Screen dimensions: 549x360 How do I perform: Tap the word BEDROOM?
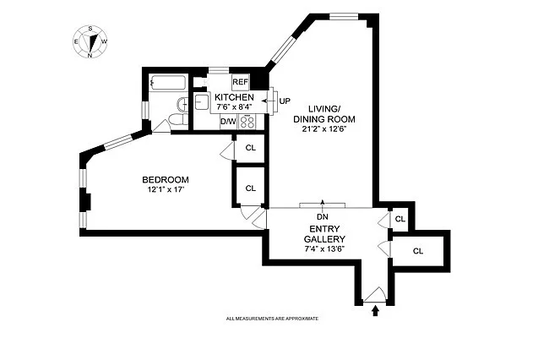click(165, 179)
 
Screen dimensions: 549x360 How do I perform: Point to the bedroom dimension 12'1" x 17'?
click(165, 189)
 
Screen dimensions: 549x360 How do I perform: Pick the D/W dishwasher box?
click(228, 122)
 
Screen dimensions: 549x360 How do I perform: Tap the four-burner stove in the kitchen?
click(248, 121)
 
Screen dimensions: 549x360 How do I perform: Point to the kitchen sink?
click(203, 102)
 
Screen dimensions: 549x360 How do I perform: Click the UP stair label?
click(285, 101)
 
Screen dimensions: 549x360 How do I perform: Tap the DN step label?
click(322, 216)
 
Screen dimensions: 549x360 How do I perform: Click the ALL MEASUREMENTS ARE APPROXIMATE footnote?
click(271, 319)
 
